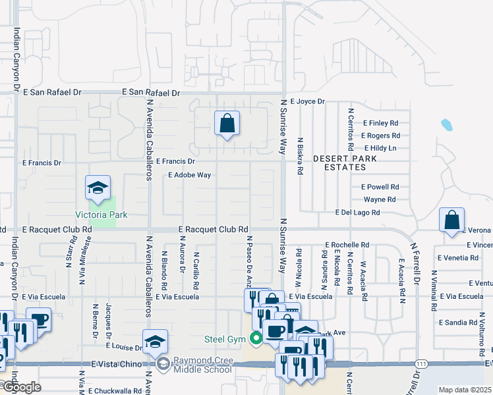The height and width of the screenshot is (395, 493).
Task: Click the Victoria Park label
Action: [101, 215]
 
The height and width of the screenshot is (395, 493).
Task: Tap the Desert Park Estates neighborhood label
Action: [345, 163]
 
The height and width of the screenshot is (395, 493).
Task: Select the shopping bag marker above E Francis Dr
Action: [227, 123]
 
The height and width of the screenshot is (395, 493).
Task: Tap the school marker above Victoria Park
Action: [98, 188]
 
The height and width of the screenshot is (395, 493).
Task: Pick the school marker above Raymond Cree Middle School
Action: [155, 342]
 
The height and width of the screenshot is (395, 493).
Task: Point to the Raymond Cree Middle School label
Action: [202, 365]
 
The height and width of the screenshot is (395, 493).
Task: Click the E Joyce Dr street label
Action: [303, 101]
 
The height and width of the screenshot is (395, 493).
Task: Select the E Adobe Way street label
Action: [189, 175]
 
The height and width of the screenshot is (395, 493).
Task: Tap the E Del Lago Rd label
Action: [357, 213]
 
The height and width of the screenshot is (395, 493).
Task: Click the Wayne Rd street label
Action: [379, 199]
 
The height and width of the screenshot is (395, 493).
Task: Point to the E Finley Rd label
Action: [381, 123]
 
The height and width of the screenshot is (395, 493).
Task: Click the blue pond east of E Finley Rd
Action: [446, 124]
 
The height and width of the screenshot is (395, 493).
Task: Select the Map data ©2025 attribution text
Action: [464, 390]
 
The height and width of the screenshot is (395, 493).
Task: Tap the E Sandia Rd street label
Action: [457, 323]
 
